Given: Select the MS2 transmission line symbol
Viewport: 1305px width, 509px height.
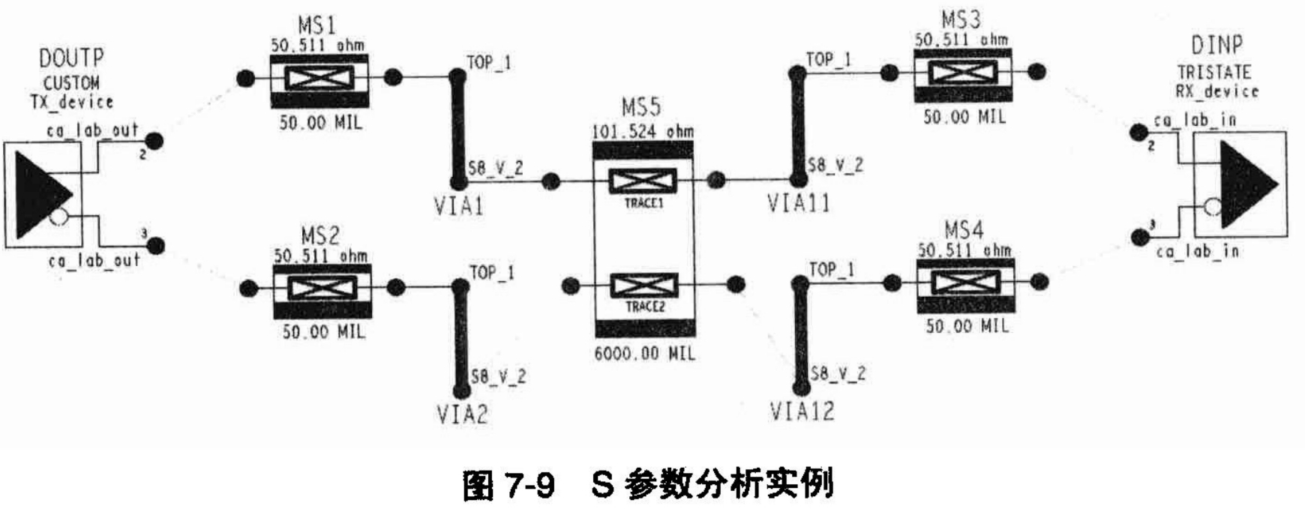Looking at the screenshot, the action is [x=319, y=288].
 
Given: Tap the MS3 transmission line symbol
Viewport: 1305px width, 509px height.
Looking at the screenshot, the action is [x=962, y=73].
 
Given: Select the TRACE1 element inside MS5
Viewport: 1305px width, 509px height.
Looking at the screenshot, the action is [x=643, y=181].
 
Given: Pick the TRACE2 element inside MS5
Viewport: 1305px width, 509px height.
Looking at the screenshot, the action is [x=644, y=286].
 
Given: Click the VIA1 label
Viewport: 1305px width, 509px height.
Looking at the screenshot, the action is [x=459, y=205].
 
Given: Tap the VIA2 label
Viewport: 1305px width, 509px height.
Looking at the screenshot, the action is [x=462, y=413].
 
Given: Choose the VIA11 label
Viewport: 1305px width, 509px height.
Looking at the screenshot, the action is [x=799, y=203].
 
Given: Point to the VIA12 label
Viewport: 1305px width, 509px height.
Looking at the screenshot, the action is [x=802, y=411].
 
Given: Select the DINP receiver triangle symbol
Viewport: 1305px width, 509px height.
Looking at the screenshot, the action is [x=1246, y=184].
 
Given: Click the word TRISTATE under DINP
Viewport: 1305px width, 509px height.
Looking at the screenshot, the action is [x=1214, y=73].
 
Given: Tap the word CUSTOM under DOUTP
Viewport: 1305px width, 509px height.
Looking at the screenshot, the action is [x=71, y=82].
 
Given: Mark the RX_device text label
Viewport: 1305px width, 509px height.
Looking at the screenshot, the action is [x=1216, y=91].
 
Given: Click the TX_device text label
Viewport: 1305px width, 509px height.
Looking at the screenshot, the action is [x=72, y=101].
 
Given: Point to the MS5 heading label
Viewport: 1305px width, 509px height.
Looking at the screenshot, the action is [x=642, y=107].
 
